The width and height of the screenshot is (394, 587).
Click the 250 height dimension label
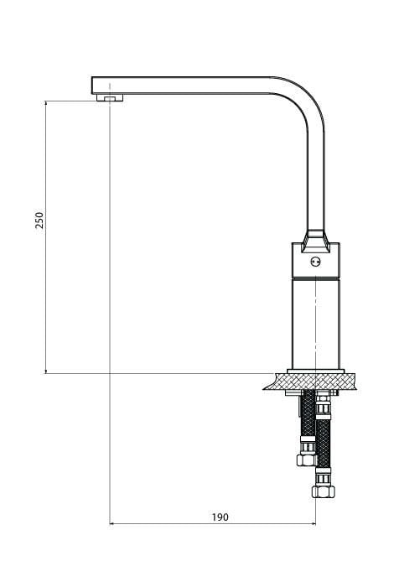pyautogui.click(x=39, y=220)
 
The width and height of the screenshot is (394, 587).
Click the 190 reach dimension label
pyautogui.click(x=220, y=517)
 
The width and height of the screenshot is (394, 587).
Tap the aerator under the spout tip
pyautogui.click(x=110, y=98)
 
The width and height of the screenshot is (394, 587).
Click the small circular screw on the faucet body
pyautogui.click(x=315, y=262)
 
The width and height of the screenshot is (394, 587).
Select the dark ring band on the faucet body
pyautogui.click(x=316, y=278)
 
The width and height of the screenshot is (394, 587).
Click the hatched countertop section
pyautogui.click(x=310, y=382)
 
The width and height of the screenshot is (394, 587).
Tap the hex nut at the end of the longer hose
pyautogui.click(x=324, y=491)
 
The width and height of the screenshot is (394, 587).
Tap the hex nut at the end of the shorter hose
pyautogui.click(x=307, y=460)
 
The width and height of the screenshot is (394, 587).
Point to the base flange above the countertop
pyautogui.click(x=315, y=371)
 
